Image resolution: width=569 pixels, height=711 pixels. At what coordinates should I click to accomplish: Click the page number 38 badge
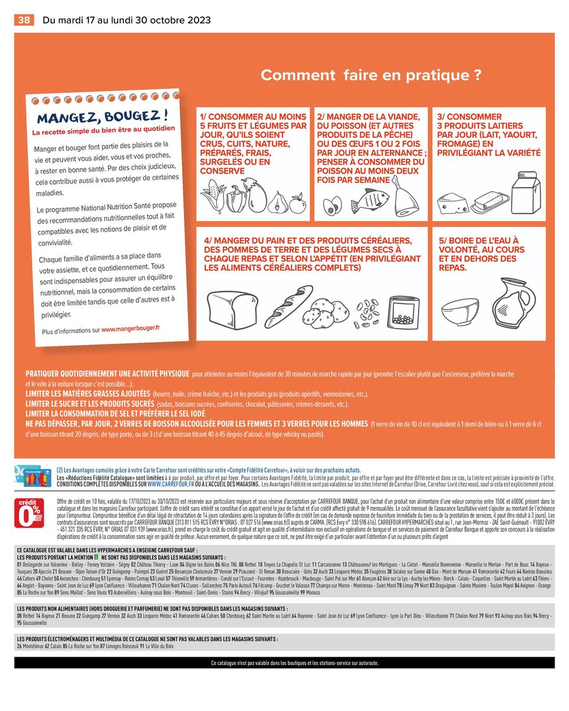pos(24,20)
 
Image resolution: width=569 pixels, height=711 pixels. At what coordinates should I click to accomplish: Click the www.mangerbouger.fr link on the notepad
pos(131,329)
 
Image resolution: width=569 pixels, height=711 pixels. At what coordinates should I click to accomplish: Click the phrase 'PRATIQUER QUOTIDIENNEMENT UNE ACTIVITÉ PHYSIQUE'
pos(106,374)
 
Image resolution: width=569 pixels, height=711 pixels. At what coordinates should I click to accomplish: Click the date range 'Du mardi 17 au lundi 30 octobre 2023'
pos(127,20)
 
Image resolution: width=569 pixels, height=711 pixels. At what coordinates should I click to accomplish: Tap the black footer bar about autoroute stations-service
pos(284,663)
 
